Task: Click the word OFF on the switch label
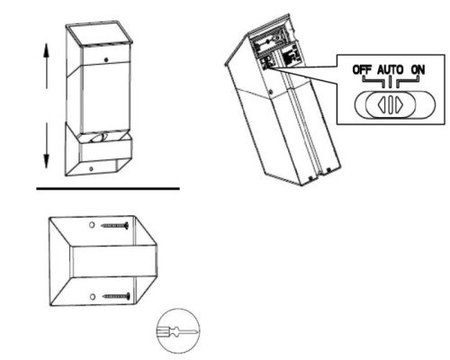point(362,69)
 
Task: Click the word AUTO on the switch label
point(390,69)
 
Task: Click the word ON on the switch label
point(418,69)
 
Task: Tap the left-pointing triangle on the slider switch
point(382,105)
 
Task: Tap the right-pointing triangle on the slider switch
point(400,105)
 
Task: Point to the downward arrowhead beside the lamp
point(46,161)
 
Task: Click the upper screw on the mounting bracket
point(114,225)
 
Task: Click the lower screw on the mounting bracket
point(116,296)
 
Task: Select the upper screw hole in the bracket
point(92,225)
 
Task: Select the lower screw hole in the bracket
point(93,297)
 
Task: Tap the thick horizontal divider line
point(108,189)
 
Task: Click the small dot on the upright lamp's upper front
point(106,59)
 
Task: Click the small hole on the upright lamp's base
point(92,169)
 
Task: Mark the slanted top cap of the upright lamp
point(100,32)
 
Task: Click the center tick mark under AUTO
point(390,82)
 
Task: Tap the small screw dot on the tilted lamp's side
point(271,92)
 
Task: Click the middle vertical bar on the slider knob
point(391,105)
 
